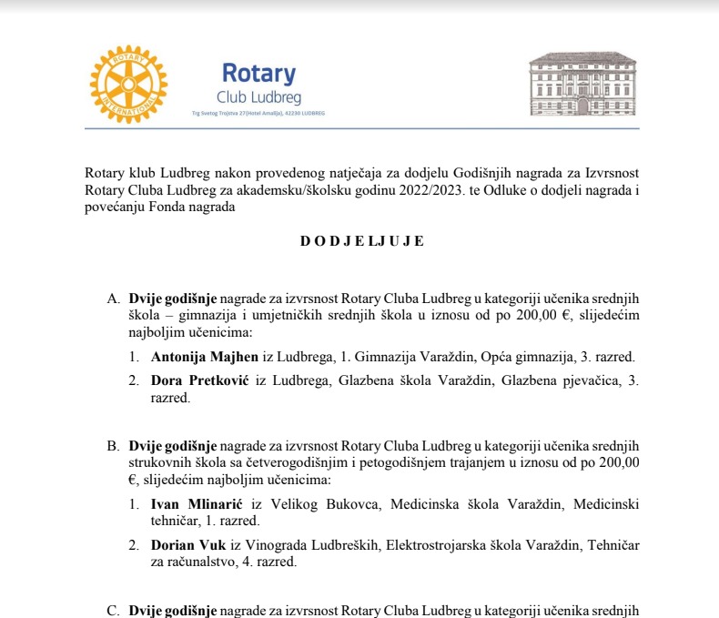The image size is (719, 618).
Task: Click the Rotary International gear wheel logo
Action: coord(128,85)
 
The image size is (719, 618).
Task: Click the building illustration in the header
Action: coord(582,86)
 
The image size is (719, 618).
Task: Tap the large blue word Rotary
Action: coord(258,73)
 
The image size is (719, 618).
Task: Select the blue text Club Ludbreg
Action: coord(258,96)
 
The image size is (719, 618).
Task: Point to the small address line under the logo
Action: coord(258,114)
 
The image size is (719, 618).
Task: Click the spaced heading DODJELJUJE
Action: coord(361,242)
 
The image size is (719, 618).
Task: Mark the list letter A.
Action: coord(113,298)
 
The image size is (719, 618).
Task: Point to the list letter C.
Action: coord(113,611)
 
